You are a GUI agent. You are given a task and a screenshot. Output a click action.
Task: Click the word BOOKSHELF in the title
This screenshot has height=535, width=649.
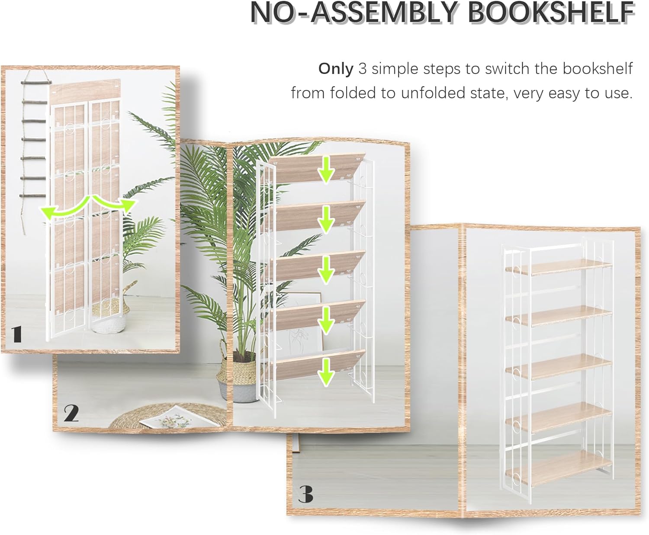pyautogui.click(x=552, y=13)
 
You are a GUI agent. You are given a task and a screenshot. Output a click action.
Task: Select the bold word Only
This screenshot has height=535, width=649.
pyautogui.click(x=336, y=69)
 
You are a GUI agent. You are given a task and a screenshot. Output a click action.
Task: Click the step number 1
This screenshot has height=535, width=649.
pyautogui.click(x=17, y=334)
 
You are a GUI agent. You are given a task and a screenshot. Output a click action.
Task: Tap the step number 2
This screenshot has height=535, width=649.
pyautogui.click(x=71, y=413)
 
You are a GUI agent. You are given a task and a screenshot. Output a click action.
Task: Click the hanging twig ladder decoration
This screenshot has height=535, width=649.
pyautogui.click(x=34, y=143)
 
